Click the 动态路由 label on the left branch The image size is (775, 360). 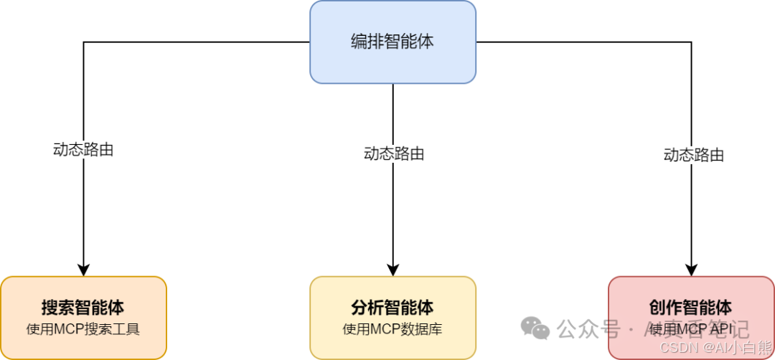pos(83,150)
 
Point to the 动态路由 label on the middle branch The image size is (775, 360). pos(393,153)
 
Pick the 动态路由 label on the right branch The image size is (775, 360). pos(692,154)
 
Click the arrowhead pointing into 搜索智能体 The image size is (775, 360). pos(83,270)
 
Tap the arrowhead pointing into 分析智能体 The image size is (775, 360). pos(393,270)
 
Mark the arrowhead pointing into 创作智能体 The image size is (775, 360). pos(692,270)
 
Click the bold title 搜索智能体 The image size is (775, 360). pos(83,308)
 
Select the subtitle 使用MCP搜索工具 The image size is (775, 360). pos(83,330)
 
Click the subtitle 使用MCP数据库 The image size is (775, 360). pos(393,330)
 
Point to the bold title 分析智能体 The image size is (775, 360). pos(393,308)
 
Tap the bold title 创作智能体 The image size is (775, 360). pos(691,308)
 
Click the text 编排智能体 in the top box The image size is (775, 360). pos(393,42)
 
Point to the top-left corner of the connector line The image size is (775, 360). pos(84,42)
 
